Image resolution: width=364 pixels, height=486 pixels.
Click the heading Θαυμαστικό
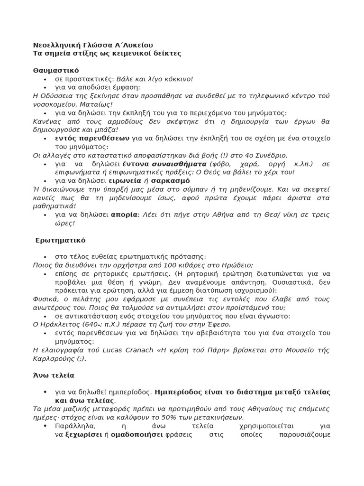55,70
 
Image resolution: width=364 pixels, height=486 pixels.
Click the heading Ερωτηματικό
60,240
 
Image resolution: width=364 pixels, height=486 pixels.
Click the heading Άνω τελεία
54,375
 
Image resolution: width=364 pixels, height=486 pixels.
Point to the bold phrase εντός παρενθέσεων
92,138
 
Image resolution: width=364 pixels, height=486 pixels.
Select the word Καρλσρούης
53,358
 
